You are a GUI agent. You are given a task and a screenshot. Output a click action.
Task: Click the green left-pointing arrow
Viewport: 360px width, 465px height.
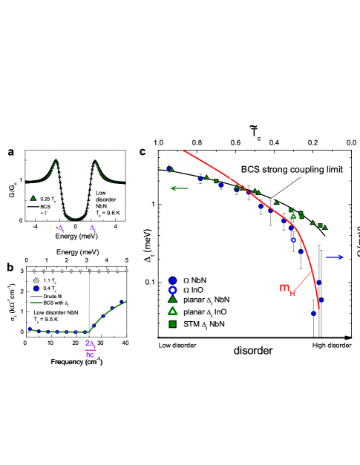[179, 188]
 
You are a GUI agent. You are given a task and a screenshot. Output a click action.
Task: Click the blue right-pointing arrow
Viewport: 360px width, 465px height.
[334, 257]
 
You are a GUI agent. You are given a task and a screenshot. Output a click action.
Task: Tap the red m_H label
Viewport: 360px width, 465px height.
[287, 288]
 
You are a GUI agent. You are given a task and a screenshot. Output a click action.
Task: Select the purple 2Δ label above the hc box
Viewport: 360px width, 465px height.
[90, 343]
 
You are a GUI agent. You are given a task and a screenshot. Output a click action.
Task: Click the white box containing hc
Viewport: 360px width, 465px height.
[89, 354]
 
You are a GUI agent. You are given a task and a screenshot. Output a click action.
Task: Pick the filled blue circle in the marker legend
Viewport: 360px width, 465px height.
[172, 280]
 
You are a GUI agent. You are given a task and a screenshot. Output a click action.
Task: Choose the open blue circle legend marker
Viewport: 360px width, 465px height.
[172, 290]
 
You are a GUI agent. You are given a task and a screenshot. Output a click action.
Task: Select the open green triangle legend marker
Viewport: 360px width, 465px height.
[172, 311]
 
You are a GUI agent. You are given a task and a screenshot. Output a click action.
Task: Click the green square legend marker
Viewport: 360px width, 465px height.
[172, 324]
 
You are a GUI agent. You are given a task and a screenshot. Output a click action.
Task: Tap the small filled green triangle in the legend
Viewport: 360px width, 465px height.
[172, 299]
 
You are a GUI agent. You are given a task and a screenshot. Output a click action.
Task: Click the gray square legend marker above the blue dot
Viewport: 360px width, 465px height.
[36, 280]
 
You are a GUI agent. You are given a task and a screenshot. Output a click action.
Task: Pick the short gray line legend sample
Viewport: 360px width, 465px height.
[36, 297]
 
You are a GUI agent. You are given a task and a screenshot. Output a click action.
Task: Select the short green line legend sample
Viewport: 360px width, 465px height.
[36, 303]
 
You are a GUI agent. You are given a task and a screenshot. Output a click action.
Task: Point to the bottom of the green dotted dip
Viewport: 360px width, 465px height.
[75, 219]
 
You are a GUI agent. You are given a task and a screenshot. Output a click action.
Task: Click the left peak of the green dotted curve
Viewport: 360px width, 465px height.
[56, 161]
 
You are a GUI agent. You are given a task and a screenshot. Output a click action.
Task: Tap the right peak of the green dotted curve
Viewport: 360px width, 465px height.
[95, 162]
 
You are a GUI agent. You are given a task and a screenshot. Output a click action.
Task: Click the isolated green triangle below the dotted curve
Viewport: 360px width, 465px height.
[33, 198]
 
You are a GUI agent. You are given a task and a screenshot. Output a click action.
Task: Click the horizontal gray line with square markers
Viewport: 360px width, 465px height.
[78, 271]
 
